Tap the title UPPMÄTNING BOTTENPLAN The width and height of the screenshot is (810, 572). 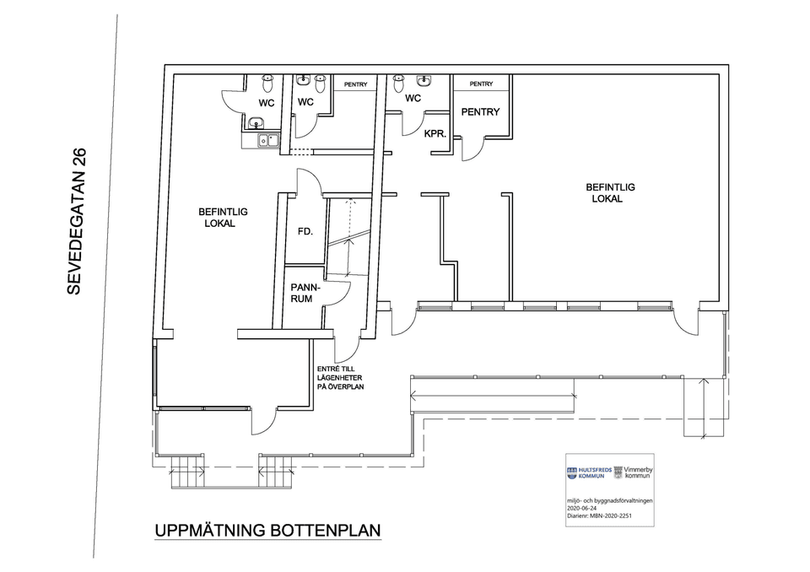267,531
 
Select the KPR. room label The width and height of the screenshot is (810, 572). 435,134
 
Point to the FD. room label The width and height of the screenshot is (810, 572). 305,231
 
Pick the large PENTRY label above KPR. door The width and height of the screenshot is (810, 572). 480,111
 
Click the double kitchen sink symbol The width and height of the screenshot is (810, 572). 268,140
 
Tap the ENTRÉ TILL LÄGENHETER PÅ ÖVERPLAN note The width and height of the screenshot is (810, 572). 340,378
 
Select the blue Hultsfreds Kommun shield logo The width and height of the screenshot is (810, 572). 572,472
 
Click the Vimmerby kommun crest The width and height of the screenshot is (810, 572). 618,472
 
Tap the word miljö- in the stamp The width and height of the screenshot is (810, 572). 575,500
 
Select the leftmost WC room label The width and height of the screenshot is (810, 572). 267,103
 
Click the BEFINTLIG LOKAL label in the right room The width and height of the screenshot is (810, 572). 610,192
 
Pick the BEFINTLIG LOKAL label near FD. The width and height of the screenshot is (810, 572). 223,218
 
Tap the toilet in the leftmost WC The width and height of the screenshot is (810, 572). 267,83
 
